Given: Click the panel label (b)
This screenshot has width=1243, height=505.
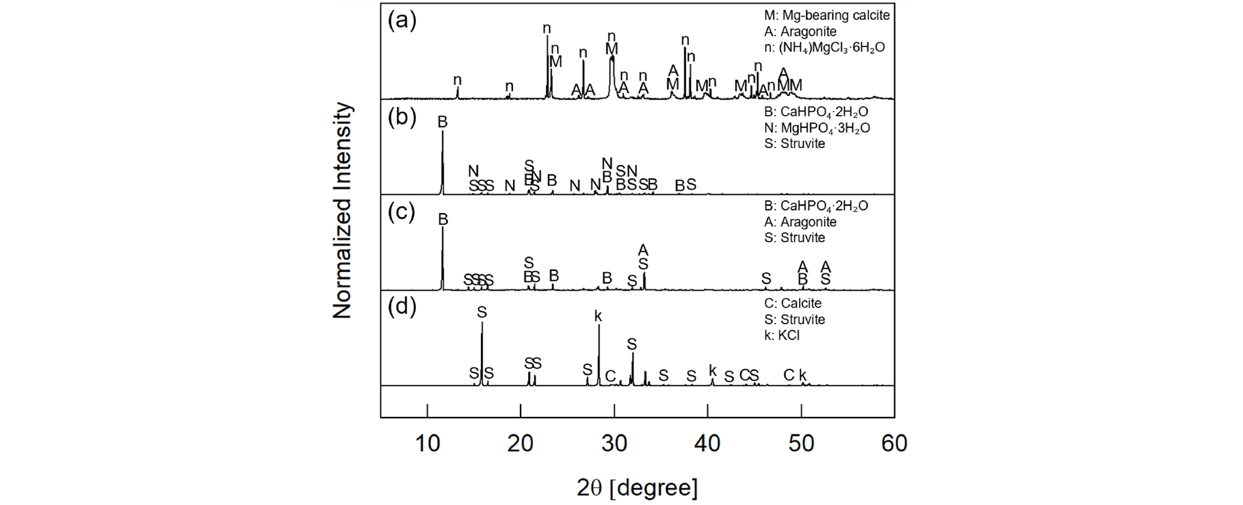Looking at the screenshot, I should point(402,117).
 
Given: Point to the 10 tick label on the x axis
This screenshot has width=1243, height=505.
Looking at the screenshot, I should point(427,443).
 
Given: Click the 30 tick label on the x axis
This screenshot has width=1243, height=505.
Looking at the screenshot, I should point(614,443).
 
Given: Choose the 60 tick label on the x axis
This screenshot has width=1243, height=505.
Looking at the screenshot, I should point(894,443).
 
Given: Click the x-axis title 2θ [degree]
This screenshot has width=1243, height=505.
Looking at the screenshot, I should point(637,488).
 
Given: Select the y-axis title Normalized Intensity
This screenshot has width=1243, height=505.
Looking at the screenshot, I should point(342,211).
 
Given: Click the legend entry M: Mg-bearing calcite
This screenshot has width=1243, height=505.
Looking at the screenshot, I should point(826,15).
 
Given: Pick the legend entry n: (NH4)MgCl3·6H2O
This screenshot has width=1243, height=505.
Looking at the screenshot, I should point(825,48).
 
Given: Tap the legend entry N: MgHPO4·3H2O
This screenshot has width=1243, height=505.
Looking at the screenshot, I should point(817,128).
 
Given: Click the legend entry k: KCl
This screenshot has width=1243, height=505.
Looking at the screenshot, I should point(782,335).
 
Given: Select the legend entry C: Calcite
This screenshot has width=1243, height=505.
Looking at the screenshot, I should point(793,303).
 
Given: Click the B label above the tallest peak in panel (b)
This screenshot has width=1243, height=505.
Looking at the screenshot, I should point(442,122).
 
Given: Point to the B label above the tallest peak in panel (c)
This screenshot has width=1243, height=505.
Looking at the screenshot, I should point(443,219).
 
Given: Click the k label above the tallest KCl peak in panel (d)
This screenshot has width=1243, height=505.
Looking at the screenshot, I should point(598,317).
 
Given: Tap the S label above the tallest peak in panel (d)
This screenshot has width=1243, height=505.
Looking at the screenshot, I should point(482,312).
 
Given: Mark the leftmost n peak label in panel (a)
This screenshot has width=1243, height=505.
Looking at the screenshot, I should point(457,80).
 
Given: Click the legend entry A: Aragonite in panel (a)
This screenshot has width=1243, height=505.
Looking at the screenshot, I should point(800,32).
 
